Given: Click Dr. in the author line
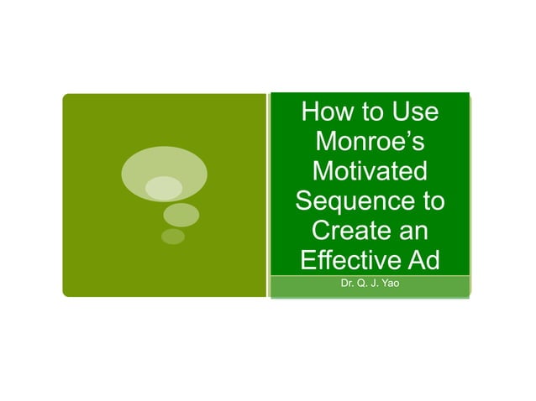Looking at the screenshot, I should [x=347, y=284].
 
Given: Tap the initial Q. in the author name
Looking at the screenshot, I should [x=364, y=284].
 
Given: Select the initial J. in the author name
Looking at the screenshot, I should [x=377, y=284].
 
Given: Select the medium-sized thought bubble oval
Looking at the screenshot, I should [x=180, y=215].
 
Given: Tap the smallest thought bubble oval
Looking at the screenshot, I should [x=173, y=237].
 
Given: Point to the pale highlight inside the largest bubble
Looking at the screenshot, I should [x=163, y=188].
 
